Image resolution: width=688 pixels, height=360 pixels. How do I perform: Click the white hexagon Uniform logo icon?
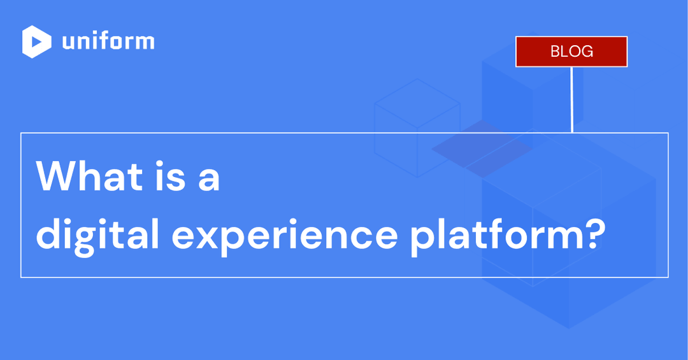coord(36,41)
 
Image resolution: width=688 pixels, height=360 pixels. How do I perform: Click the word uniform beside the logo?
coord(108,41)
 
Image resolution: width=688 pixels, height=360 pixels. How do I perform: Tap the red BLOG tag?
coord(571,52)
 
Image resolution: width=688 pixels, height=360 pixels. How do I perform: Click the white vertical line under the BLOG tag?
coord(572,99)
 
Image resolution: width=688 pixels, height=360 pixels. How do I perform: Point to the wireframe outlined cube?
coord(417,127)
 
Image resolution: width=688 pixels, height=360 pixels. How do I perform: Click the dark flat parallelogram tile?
coord(482,148)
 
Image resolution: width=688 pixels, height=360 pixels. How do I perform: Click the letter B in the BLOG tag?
coord(555,52)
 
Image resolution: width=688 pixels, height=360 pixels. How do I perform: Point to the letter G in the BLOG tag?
coord(587,52)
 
